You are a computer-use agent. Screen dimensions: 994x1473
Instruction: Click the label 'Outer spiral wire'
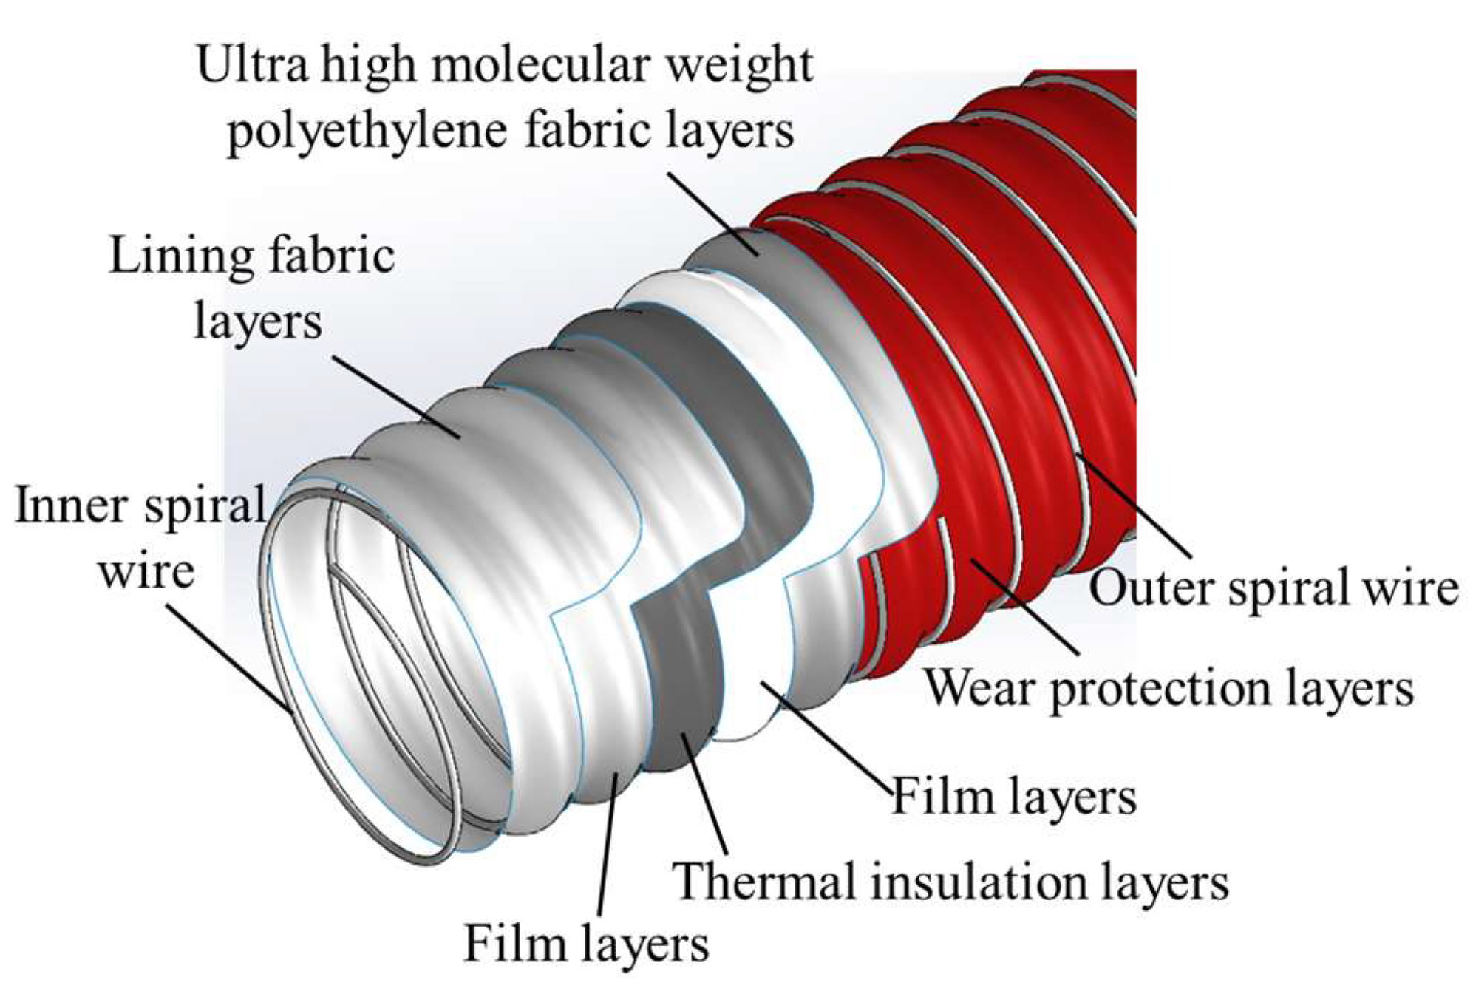pos(1273,588)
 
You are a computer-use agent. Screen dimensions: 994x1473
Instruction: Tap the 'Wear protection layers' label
pos(1168,687)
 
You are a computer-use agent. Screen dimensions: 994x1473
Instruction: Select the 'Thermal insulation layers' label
pos(950,882)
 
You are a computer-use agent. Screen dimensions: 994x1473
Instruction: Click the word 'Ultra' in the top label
pos(252,65)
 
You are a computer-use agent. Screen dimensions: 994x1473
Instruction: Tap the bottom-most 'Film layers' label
pos(586,944)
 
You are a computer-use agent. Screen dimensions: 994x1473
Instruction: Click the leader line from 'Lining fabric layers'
pos(395,398)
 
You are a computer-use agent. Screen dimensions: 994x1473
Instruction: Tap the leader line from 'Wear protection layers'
pos(1024,606)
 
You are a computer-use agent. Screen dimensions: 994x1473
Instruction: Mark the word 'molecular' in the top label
pos(543,65)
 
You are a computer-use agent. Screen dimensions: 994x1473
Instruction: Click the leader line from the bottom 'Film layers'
pos(607,842)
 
